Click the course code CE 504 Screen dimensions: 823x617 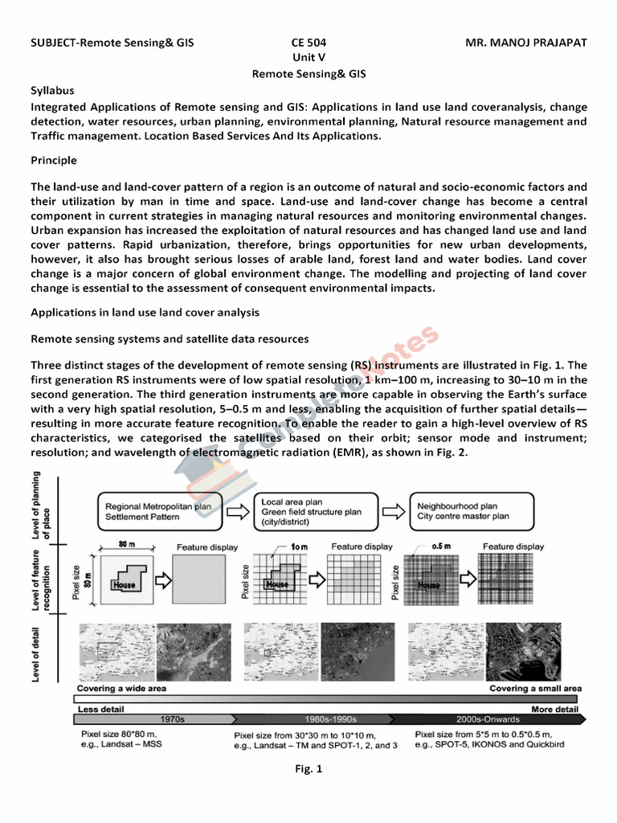click(x=308, y=43)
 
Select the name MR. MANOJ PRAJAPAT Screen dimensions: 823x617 click(x=526, y=43)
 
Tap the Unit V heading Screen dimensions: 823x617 click(x=308, y=58)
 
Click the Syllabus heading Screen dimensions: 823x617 click(x=52, y=91)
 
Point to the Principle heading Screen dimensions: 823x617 click(x=54, y=161)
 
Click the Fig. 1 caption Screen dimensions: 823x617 click(x=308, y=769)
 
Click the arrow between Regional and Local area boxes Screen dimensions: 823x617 click(x=234, y=511)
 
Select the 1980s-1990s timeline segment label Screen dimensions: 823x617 click(x=332, y=719)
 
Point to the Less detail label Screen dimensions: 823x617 click(x=100, y=710)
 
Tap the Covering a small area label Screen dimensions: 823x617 click(x=535, y=689)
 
